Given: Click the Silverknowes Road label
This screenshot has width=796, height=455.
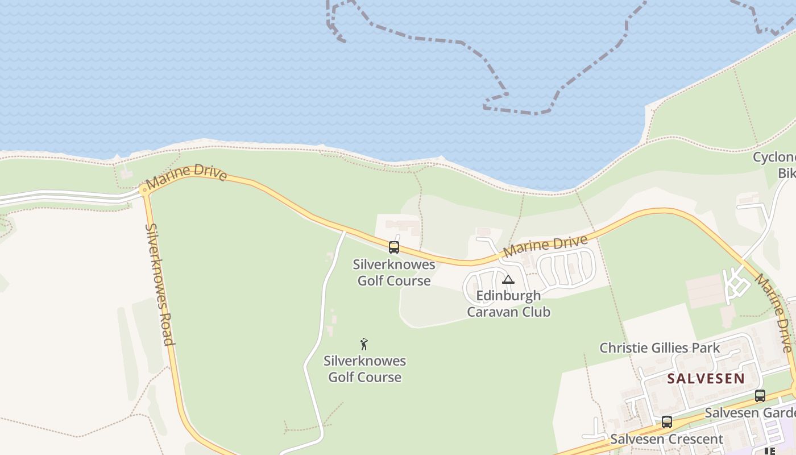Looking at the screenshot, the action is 159,284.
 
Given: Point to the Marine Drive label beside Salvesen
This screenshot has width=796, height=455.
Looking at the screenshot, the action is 773,313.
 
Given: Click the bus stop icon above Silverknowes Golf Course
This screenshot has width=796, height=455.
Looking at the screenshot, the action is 394,247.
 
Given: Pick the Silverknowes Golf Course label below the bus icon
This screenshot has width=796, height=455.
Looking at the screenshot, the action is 394,272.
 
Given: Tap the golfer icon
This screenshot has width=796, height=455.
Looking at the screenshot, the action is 364,344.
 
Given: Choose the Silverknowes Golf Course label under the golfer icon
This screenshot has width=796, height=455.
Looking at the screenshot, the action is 365,369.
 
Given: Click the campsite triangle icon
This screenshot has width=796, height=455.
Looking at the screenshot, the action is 508,279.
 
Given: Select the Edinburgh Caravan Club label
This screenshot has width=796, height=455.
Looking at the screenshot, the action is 508,304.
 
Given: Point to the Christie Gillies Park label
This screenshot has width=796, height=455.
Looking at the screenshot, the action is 660,348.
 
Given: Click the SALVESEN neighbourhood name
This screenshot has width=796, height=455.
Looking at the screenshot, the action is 706,378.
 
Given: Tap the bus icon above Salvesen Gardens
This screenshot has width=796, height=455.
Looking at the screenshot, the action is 760,396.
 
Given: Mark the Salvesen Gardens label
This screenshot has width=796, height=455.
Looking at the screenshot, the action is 751,412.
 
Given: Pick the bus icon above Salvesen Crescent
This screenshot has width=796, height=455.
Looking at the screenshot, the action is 667,422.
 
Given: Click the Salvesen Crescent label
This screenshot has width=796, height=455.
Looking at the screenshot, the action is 666,439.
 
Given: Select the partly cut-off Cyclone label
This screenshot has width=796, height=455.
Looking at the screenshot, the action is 774,158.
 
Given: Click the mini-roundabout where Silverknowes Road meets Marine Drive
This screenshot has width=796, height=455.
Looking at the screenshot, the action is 144,190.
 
